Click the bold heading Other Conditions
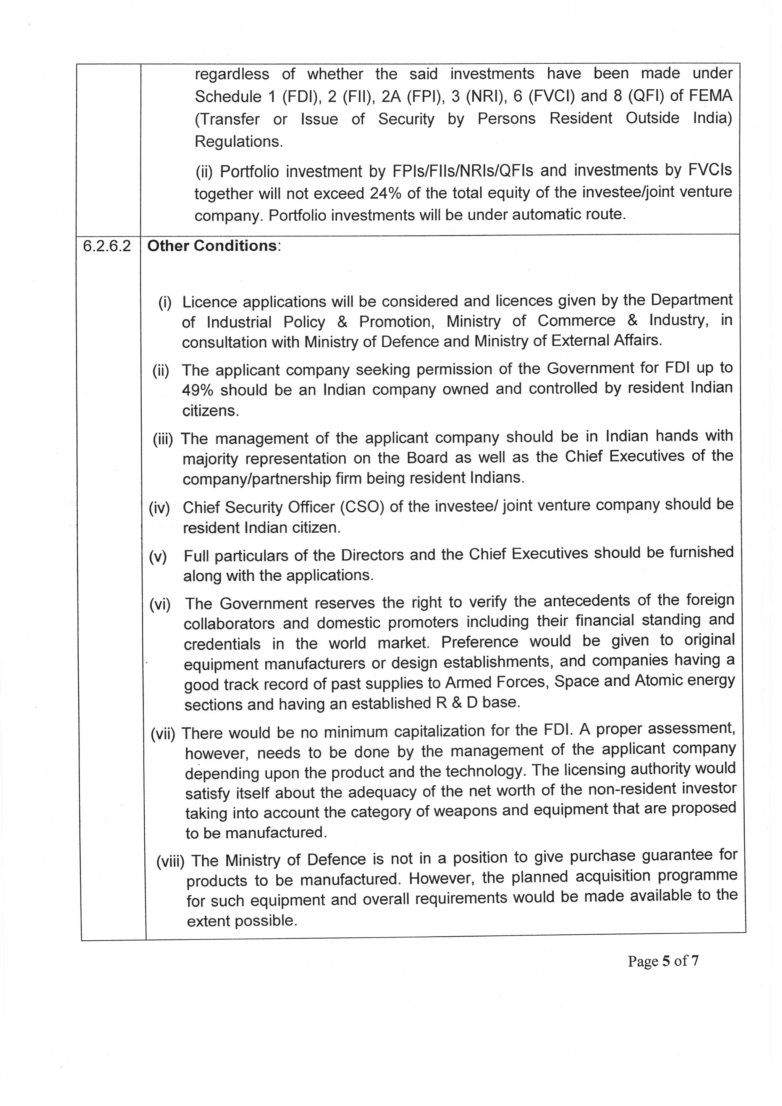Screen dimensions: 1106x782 tap(212, 246)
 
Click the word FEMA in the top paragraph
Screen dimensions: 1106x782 tap(710, 96)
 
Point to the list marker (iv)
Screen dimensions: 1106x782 tap(159, 508)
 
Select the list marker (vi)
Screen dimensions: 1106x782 tap(160, 604)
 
